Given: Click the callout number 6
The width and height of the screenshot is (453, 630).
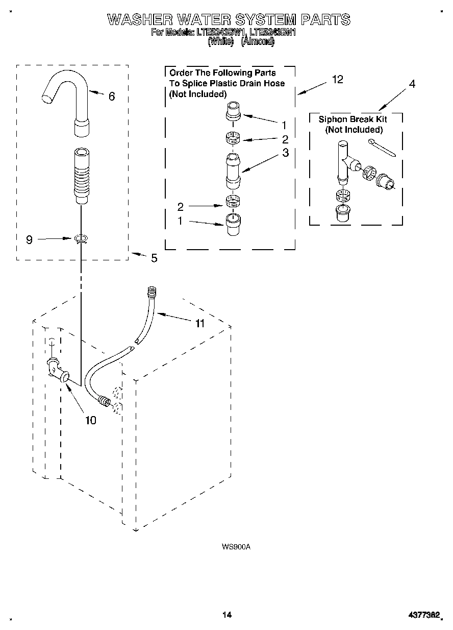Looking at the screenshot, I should [x=112, y=96].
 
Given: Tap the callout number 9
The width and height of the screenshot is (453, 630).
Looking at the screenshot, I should [x=29, y=239].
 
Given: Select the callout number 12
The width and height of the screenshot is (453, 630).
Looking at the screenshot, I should [x=337, y=79].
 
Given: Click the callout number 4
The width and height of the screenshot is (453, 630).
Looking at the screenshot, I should [x=412, y=84].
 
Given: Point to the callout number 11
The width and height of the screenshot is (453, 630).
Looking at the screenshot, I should [x=199, y=323].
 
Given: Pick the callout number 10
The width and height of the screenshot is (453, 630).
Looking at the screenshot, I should [x=90, y=420].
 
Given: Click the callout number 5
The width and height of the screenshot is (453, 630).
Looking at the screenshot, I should [x=154, y=258].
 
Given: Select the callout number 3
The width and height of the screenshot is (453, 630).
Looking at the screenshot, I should [x=285, y=152].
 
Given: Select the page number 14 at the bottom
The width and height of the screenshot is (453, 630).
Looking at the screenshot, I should [x=227, y=615].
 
